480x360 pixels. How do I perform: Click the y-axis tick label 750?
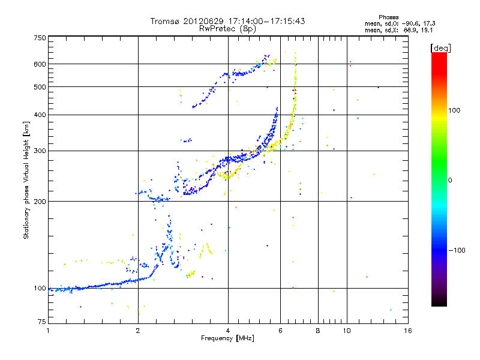(x=40, y=37)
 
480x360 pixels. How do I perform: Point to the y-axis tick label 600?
(x=40, y=64)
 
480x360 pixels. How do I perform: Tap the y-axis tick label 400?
(x=40, y=115)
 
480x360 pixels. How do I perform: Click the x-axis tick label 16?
(x=407, y=331)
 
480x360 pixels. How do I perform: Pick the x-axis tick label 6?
(x=280, y=331)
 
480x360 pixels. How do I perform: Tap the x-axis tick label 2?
(x=138, y=331)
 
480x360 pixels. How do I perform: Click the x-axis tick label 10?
(x=347, y=331)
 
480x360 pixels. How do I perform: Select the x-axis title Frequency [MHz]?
(x=227, y=338)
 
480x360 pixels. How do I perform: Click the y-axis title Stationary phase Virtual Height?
(x=26, y=180)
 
